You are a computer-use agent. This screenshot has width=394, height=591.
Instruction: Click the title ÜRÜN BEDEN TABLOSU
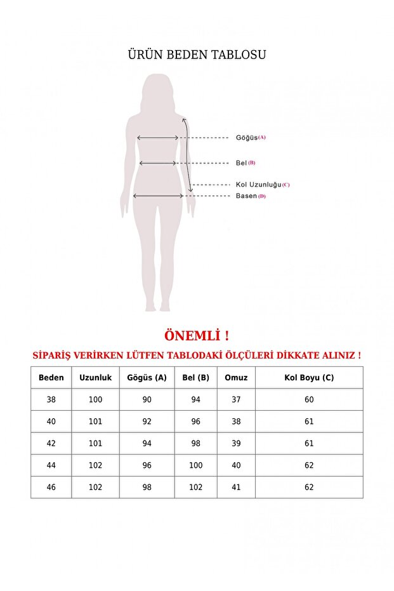[x=197, y=55]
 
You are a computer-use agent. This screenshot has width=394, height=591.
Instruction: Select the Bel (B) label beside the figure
[x=245, y=163]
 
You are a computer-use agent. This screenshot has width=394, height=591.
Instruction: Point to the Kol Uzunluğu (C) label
[x=262, y=185]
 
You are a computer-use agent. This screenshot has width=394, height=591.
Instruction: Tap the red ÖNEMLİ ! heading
[x=197, y=335]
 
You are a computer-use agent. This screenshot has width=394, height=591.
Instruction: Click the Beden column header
[x=51, y=378]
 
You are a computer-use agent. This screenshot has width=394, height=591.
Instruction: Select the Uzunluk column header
[x=95, y=378]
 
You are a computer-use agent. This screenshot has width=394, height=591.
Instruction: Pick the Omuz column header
[x=236, y=378]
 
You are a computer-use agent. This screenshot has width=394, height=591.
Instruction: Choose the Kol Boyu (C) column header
[x=309, y=378]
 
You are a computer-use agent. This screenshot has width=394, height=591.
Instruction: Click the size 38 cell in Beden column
[x=51, y=400]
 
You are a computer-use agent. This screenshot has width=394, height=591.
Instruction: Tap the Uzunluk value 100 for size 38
[x=95, y=400]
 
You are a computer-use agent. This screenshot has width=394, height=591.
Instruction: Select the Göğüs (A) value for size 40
[x=147, y=422]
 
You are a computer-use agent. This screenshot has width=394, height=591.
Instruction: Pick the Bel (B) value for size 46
[x=195, y=488]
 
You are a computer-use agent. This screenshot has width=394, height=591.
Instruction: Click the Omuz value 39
[x=236, y=444]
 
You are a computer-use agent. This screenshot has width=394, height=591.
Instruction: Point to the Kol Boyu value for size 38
[x=309, y=400]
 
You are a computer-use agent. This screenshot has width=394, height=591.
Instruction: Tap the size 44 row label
[x=51, y=465]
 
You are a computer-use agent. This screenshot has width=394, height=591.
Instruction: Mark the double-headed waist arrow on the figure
[x=158, y=163]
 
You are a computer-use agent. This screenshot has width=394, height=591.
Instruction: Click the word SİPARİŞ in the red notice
[x=56, y=355]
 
